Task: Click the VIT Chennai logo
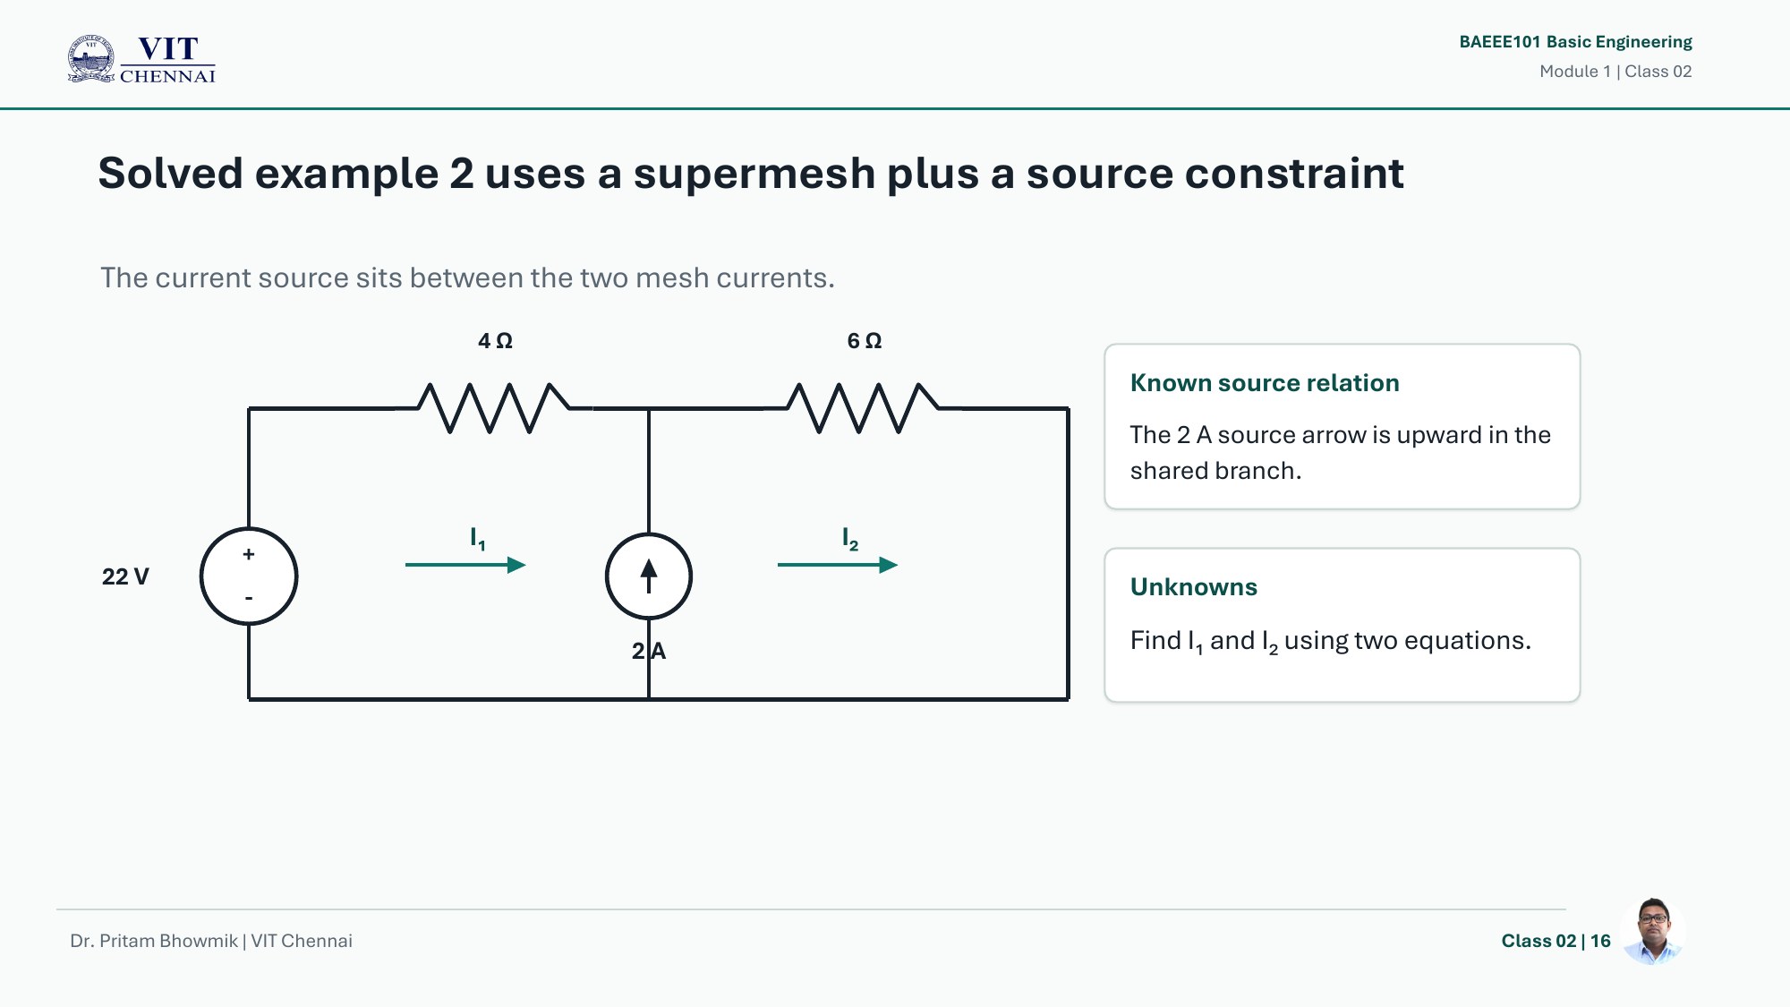[141, 59]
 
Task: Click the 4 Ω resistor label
[495, 341]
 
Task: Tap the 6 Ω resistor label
[865, 341]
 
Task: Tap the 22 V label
[125, 576]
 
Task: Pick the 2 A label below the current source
[649, 651]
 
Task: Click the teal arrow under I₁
[465, 565]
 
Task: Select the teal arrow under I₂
[838, 565]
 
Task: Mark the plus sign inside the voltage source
[249, 554]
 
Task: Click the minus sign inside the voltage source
[249, 598]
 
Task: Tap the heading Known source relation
[1265, 383]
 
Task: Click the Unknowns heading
[1194, 587]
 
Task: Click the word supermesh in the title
[754, 174]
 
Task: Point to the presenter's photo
[1653, 932]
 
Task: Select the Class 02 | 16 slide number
[1556, 941]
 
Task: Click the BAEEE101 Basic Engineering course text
[1575, 42]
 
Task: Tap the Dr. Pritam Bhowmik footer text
[154, 941]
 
